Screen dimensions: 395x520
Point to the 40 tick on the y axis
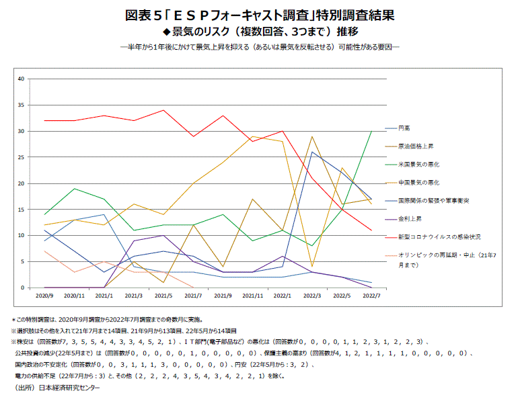pos(21,79)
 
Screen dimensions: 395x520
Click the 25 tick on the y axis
pos(21,157)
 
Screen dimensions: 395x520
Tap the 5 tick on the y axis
pos(22,261)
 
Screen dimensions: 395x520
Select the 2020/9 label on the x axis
pos(44,296)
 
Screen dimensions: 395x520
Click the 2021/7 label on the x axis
pos(194,296)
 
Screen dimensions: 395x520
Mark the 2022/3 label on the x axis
pos(312,296)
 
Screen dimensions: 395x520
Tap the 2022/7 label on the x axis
pos(372,296)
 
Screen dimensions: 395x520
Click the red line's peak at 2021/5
pos(163,110)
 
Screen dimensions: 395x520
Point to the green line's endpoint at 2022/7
pos(372,131)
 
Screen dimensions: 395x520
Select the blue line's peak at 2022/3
pos(312,152)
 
